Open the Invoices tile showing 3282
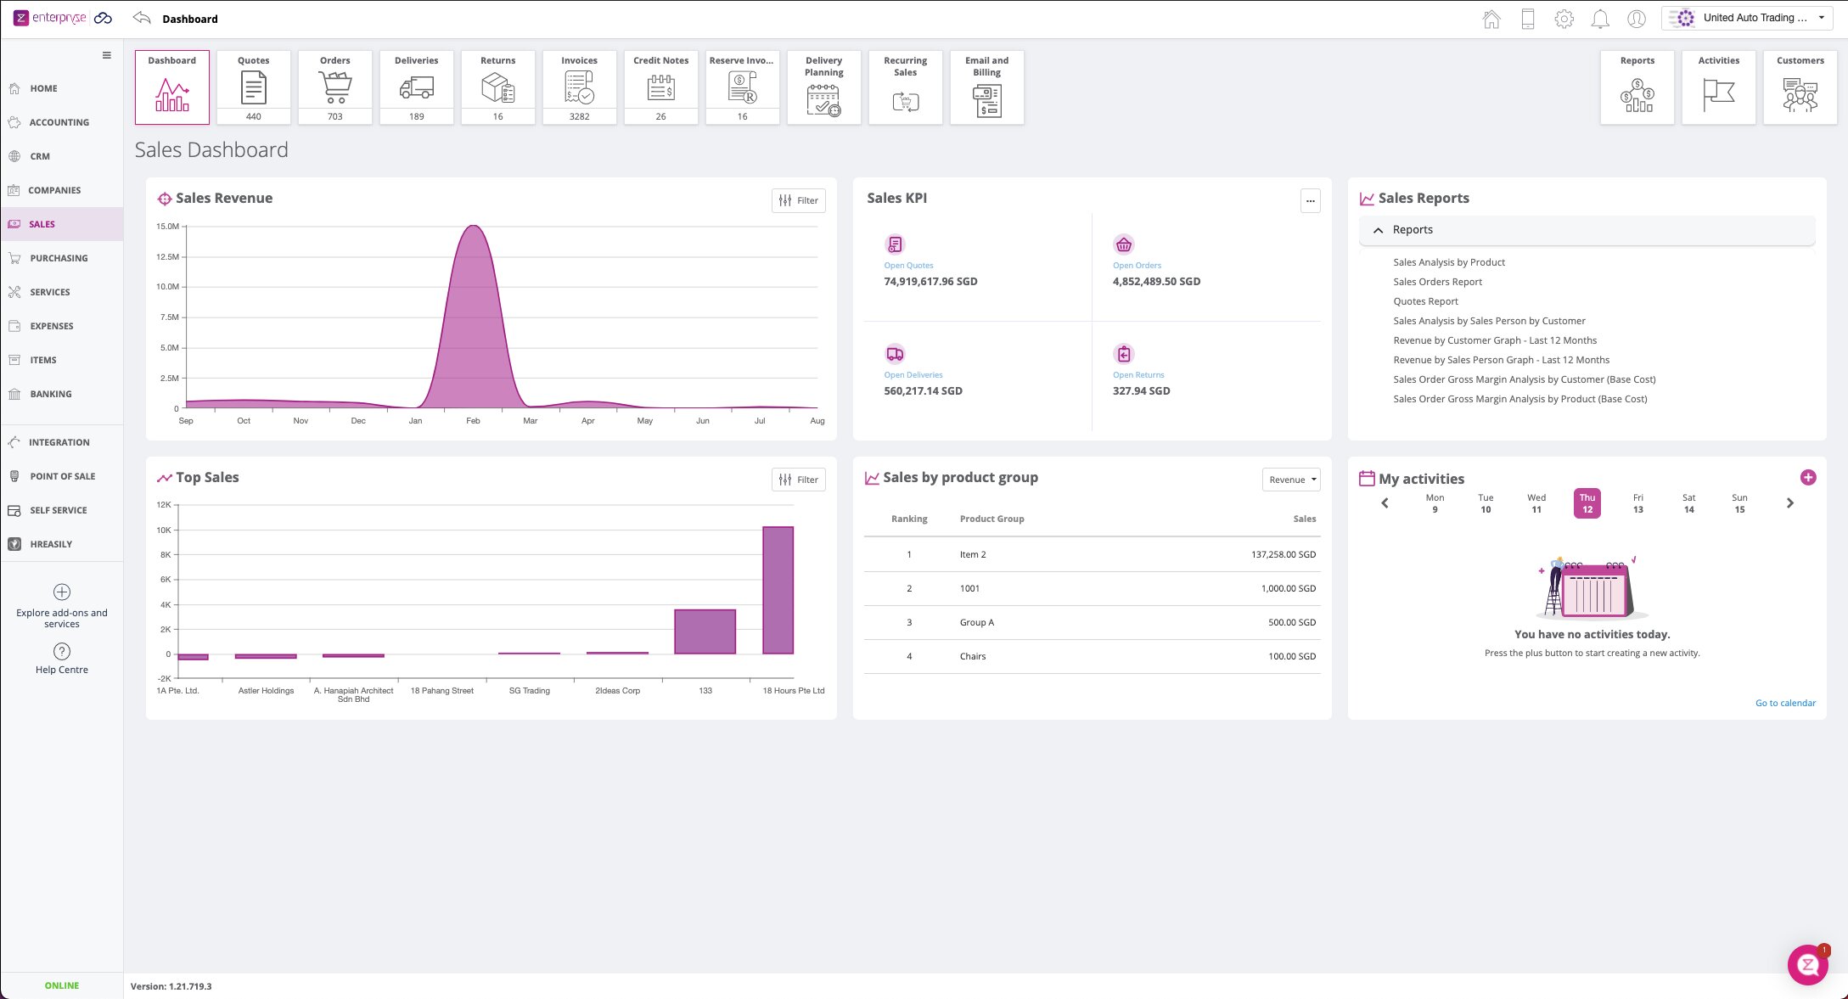pyautogui.click(x=579, y=87)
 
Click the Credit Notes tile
pyautogui.click(x=660, y=87)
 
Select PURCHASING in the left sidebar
pyautogui.click(x=59, y=258)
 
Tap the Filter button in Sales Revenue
pyautogui.click(x=798, y=200)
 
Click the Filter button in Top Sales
pyautogui.click(x=798, y=480)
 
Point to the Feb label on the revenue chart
pyautogui.click(x=473, y=421)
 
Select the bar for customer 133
pyautogui.click(x=705, y=631)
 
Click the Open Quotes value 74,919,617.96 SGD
pyautogui.click(x=930, y=282)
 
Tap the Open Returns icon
pyautogui.click(x=1124, y=354)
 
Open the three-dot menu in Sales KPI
pyautogui.click(x=1311, y=201)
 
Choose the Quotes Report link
pyautogui.click(x=1425, y=301)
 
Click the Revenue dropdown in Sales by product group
pyautogui.click(x=1291, y=480)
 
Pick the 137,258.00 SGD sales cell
pyautogui.click(x=1283, y=554)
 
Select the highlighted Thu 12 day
pyautogui.click(x=1587, y=503)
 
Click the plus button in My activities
pyautogui.click(x=1808, y=478)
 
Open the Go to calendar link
pyautogui.click(x=1785, y=703)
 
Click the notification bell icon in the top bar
pyautogui.click(x=1600, y=19)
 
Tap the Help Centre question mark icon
pyautogui.click(x=62, y=651)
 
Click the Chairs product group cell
pyautogui.click(x=973, y=656)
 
